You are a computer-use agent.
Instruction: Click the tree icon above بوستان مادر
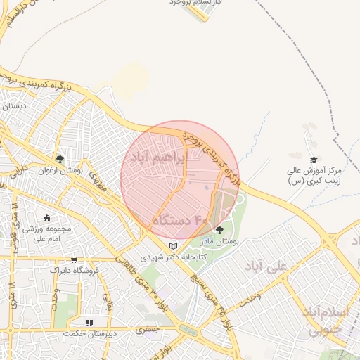click(220, 230)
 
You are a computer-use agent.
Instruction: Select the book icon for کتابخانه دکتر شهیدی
click(174, 247)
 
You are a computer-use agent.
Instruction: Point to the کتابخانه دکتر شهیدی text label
click(173, 257)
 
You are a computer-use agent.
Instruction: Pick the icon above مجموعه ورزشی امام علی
click(47, 218)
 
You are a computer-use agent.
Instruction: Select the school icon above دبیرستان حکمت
click(89, 323)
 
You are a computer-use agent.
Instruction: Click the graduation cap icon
click(314, 160)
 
